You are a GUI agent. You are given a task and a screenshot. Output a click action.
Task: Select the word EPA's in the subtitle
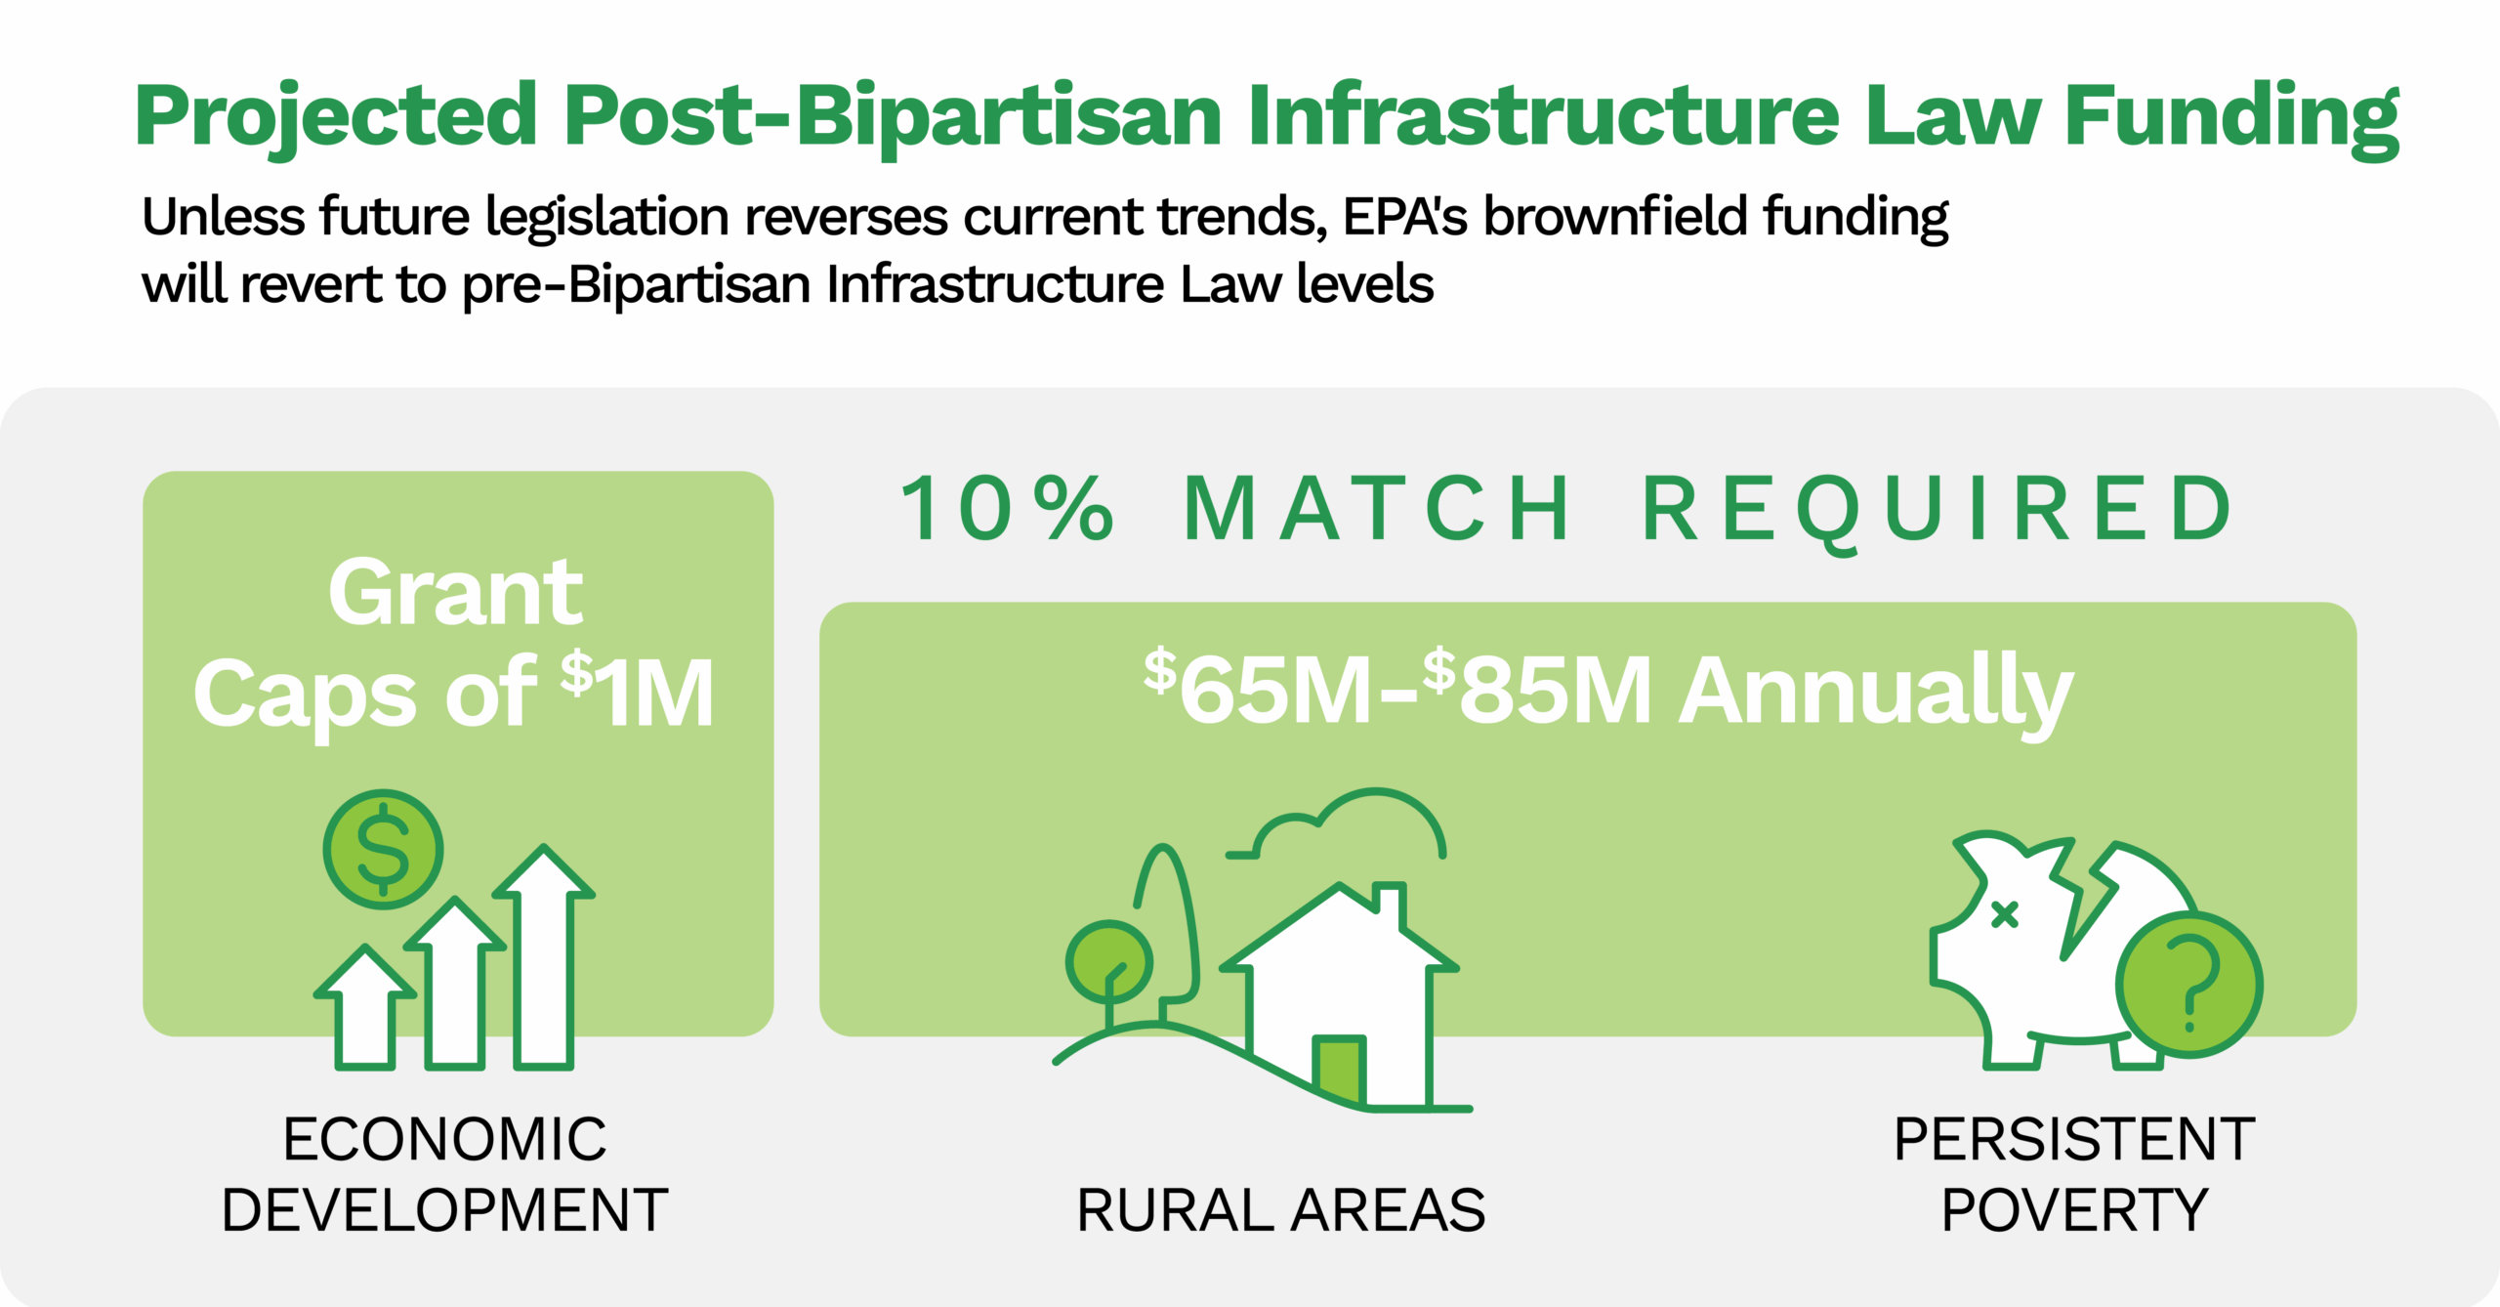coord(1404,217)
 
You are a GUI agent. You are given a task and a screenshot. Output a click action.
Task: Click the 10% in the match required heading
coord(1006,509)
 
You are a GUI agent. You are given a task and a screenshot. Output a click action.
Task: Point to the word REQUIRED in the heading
coord(1938,509)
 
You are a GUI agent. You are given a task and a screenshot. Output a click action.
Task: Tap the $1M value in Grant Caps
coord(639,692)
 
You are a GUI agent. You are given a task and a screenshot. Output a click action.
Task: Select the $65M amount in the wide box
coord(1260,690)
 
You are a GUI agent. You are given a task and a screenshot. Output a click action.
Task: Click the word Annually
coord(1875,692)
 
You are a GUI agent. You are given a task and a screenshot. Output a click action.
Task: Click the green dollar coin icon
coord(383,849)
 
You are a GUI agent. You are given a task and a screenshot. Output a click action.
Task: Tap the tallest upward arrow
coord(544,957)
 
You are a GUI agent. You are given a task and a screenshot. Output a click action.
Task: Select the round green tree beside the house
coord(1109,961)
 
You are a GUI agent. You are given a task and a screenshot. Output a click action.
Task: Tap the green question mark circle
coord(2189,985)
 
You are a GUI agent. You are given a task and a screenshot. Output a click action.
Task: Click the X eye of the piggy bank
coord(2004,914)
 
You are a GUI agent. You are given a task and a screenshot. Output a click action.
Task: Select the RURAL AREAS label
coord(1280,1210)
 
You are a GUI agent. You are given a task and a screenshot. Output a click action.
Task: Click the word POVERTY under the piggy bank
coord(2073,1210)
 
